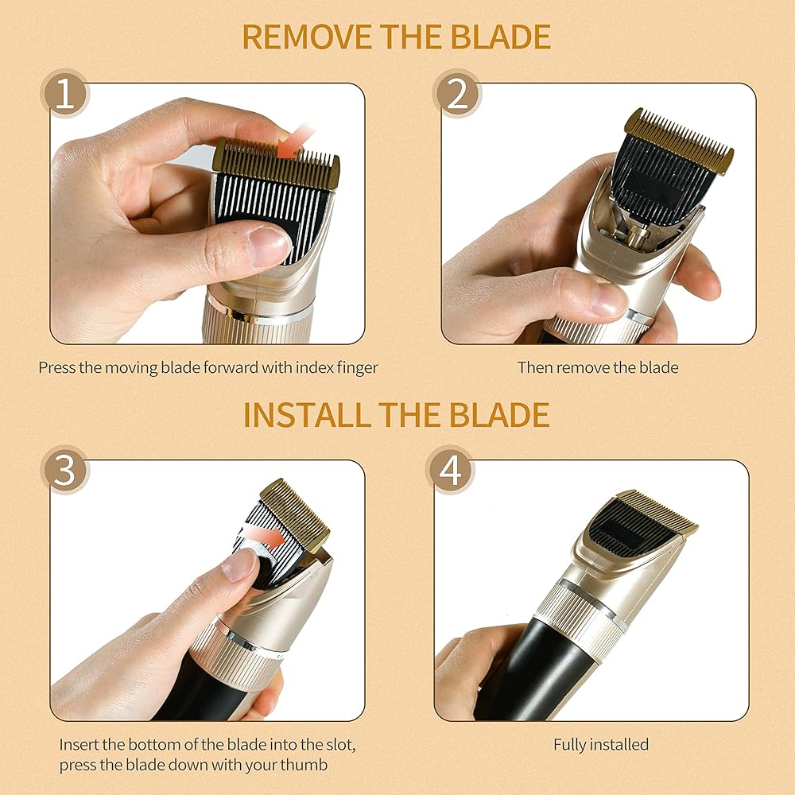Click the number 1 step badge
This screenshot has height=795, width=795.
click(64, 93)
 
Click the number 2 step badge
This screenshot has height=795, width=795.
click(457, 93)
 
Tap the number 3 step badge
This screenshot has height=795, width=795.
click(64, 470)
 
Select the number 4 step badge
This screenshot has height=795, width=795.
click(450, 470)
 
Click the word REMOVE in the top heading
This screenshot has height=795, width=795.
click(307, 37)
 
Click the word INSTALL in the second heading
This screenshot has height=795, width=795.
click(307, 414)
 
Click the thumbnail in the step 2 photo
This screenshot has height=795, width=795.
click(608, 299)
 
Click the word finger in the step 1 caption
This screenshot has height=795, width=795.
click(357, 367)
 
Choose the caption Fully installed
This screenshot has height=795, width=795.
click(601, 744)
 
